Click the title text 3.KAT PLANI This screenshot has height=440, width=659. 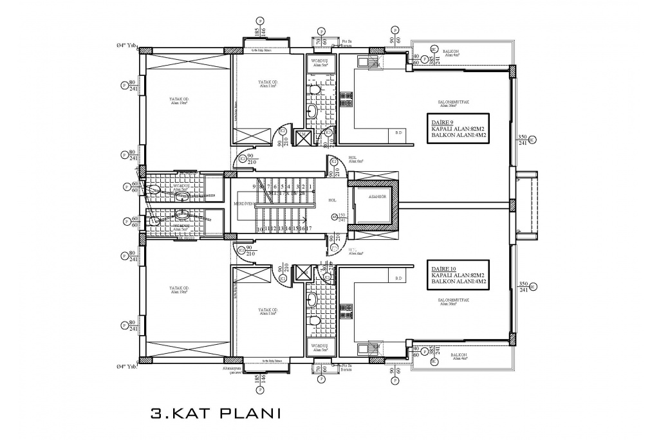[x=215, y=412]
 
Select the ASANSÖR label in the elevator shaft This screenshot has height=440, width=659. [x=373, y=197]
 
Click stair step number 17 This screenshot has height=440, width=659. [x=310, y=228]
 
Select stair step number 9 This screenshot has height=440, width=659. [x=255, y=186]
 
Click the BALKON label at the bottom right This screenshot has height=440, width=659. [x=458, y=355]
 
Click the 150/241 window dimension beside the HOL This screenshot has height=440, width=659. [x=342, y=217]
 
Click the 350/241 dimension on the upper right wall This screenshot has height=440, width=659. [x=523, y=141]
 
